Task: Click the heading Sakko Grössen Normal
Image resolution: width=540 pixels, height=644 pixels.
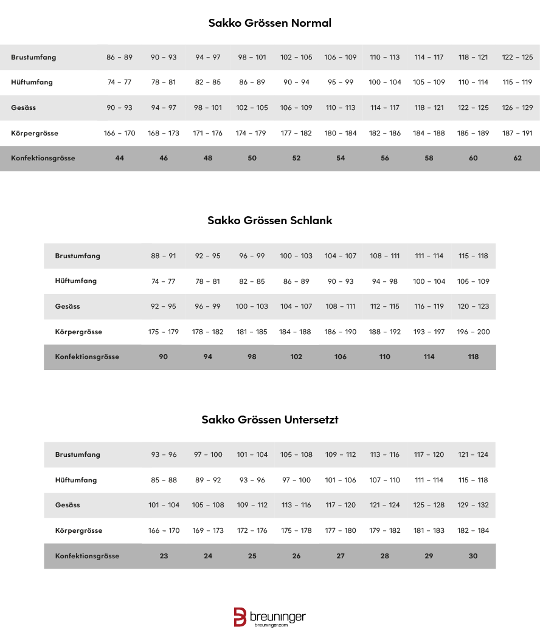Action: tap(269, 24)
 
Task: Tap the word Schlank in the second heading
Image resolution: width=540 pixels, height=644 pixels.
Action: tap(311, 221)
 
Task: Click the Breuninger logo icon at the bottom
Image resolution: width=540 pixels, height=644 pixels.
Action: tap(240, 617)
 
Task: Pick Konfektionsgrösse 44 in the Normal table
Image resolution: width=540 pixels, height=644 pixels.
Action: tap(119, 158)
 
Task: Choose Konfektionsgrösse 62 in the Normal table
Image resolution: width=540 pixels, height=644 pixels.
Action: tap(517, 158)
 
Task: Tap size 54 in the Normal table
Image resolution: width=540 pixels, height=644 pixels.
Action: tap(341, 158)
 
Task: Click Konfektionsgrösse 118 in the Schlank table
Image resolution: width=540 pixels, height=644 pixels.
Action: tap(473, 357)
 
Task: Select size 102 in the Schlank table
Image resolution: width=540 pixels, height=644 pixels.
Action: tap(296, 357)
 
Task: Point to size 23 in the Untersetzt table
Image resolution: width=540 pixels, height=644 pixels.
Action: tap(164, 556)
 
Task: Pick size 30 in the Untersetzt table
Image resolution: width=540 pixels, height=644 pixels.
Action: tap(473, 556)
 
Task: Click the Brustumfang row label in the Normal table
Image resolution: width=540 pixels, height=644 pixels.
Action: tap(33, 57)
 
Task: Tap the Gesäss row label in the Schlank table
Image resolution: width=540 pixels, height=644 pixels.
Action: tap(67, 306)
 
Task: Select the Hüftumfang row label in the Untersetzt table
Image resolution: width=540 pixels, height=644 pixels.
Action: tap(76, 480)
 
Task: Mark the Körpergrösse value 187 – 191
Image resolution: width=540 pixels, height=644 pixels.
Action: tap(517, 133)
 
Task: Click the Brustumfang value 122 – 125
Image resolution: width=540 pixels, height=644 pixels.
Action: tap(517, 57)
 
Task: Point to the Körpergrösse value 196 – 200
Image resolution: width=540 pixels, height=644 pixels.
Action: tap(473, 332)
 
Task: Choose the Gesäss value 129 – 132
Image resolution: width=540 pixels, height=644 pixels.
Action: tap(473, 505)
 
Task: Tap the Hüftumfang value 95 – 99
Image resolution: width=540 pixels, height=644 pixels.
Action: tap(341, 82)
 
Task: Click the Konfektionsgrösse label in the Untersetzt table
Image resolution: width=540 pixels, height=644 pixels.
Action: tap(87, 556)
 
